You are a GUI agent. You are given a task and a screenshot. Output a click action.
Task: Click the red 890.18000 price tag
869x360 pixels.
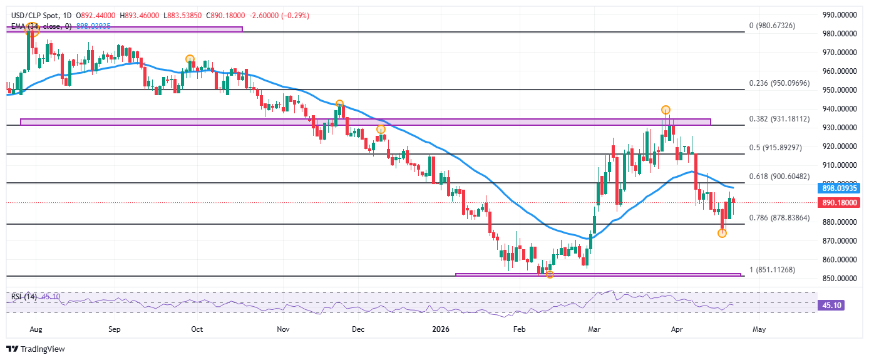[838, 203]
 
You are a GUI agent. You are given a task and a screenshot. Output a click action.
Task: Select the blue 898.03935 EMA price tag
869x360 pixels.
[838, 188]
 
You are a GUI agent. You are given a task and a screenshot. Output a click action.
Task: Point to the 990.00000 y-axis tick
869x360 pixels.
[838, 15]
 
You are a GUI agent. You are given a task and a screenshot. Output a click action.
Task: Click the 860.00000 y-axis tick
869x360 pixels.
[838, 260]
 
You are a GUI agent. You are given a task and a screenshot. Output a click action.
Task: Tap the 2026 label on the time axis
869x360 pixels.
[441, 329]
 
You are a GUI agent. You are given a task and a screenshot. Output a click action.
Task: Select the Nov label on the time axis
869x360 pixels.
[282, 329]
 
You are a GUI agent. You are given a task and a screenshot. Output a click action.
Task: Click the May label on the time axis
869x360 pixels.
[759, 329]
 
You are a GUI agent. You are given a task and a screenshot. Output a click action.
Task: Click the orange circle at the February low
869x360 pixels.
[550, 274]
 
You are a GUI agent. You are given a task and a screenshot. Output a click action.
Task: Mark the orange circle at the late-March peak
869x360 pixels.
[666, 110]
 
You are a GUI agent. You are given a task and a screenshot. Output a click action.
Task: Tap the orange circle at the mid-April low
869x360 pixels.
[722, 233]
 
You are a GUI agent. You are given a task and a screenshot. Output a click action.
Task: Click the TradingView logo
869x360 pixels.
[36, 349]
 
